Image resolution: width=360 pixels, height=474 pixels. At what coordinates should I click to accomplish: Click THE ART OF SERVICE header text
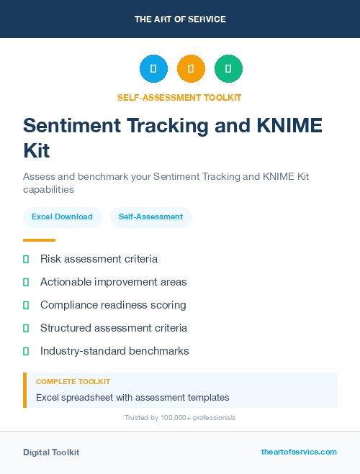tap(180, 19)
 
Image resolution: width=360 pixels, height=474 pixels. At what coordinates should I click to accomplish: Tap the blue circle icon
tap(153, 69)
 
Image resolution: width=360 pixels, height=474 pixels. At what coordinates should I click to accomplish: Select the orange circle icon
tap(191, 69)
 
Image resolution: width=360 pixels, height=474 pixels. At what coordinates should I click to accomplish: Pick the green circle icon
tap(228, 69)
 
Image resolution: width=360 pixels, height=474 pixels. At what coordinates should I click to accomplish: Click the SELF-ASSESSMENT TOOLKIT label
tap(180, 97)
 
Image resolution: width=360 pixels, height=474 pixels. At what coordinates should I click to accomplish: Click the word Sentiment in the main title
tap(72, 125)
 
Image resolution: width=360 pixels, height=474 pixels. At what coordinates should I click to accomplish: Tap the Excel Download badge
tap(62, 217)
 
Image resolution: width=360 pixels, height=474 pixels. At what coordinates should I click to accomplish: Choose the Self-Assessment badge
tap(150, 217)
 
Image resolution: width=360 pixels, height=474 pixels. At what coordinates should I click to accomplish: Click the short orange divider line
tap(39, 240)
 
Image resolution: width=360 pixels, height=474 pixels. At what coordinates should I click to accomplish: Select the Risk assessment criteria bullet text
tap(99, 259)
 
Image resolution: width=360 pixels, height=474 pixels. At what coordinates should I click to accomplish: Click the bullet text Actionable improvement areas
tap(113, 282)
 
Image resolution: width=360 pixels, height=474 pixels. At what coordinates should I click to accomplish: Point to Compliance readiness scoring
tap(113, 305)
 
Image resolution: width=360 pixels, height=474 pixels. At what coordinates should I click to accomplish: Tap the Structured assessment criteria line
tap(114, 328)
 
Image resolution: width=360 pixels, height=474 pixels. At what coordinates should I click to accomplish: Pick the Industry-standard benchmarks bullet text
tap(114, 351)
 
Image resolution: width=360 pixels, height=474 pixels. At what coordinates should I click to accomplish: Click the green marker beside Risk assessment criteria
tap(26, 259)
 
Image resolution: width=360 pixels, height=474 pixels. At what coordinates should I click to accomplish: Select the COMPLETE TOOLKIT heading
tap(73, 382)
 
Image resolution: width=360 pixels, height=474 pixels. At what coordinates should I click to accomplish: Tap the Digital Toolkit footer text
tap(51, 452)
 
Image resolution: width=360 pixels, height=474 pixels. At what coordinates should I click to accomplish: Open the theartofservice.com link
tap(299, 452)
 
